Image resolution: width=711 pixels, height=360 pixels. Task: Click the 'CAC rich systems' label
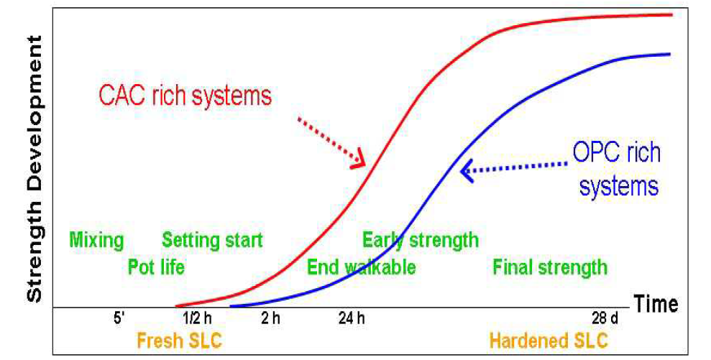[x=185, y=96]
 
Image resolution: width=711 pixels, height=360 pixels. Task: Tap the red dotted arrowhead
[x=359, y=160]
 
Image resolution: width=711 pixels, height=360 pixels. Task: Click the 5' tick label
[x=119, y=318]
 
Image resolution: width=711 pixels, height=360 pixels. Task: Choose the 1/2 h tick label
[x=197, y=318]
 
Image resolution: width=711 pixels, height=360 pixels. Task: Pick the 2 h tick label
[x=270, y=318]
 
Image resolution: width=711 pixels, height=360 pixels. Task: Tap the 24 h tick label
[x=352, y=318]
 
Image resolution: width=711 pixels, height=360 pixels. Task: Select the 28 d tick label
[x=605, y=318]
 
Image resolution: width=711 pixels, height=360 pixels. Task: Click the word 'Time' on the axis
[x=656, y=303]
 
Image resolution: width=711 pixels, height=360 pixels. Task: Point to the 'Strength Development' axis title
[x=35, y=168]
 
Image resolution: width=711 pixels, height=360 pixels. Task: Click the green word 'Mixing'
[x=96, y=240]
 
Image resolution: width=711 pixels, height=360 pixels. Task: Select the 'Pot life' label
[x=157, y=267]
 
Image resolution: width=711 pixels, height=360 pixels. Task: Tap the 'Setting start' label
[x=212, y=240]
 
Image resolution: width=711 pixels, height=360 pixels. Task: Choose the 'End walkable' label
[x=362, y=267]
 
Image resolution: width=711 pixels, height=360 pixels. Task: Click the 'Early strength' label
[x=421, y=240]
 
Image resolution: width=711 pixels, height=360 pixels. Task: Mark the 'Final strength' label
[x=550, y=267]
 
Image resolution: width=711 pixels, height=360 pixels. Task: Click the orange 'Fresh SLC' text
[x=180, y=341]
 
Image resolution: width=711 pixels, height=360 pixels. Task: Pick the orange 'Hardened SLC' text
[x=549, y=341]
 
